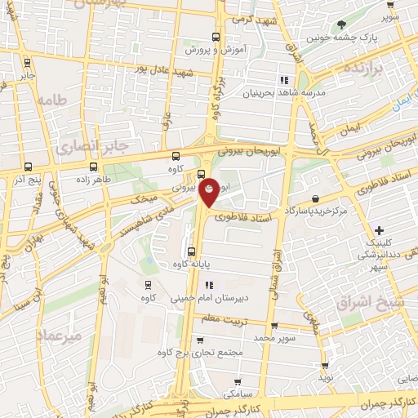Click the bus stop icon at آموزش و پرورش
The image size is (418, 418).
(x=216, y=37)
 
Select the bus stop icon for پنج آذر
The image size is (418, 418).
(x=28, y=165)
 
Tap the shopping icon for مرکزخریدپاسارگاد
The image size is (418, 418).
(x=315, y=198)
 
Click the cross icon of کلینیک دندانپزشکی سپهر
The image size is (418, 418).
(x=378, y=231)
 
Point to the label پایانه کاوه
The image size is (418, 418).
(x=191, y=265)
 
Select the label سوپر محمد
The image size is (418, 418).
(x=273, y=336)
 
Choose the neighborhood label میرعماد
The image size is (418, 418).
(x=59, y=336)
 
